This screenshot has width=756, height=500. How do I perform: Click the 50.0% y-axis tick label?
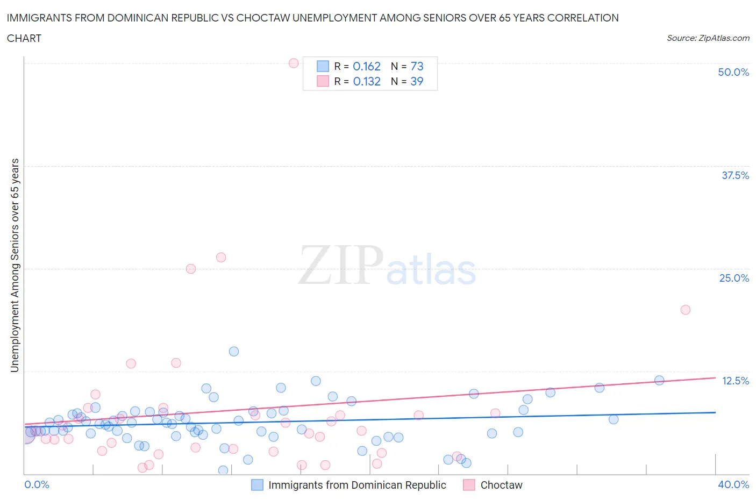[x=733, y=72]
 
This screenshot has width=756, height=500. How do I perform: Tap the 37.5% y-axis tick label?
[x=735, y=175]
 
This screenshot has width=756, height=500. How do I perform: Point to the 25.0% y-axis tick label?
[x=734, y=278]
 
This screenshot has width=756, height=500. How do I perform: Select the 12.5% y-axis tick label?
[x=735, y=381]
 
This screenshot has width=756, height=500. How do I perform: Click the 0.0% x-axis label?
[x=37, y=484]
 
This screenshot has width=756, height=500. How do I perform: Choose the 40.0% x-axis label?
[x=733, y=484]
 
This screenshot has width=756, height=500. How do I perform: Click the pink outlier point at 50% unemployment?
[x=294, y=63]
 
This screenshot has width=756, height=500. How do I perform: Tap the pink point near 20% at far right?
[x=685, y=310]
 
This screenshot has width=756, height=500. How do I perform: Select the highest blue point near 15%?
[x=234, y=352]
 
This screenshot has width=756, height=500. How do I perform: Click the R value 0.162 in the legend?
[x=367, y=66]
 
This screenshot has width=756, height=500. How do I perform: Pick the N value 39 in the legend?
[x=417, y=81]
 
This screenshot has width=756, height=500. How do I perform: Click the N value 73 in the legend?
[x=417, y=66]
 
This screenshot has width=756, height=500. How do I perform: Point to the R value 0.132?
[x=367, y=81]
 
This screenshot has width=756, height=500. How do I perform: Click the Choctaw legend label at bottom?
[x=501, y=485]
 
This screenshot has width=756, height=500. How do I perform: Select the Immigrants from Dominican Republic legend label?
[x=357, y=485]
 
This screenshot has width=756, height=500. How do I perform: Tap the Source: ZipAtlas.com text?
[x=708, y=38]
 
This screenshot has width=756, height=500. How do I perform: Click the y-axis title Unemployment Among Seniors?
[x=15, y=265]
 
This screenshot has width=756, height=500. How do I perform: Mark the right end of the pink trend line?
[x=715, y=377]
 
